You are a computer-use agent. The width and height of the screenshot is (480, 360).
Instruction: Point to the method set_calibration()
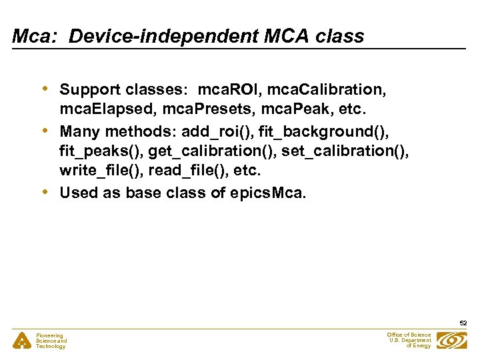pos(345,151)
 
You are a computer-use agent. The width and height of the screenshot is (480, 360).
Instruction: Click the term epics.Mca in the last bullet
pos(264,193)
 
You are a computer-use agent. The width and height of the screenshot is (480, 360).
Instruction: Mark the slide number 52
pos(463,323)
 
